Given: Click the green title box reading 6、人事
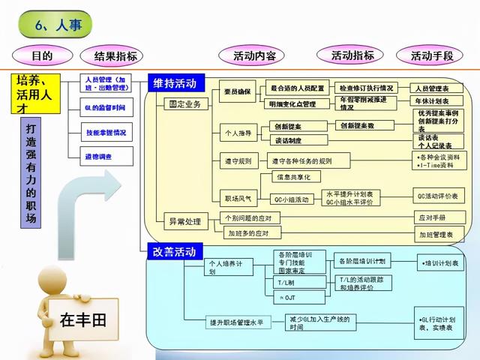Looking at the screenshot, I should click(58, 25).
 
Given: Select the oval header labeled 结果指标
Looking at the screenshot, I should click(115, 56).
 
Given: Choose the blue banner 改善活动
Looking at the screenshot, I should click(174, 250).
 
